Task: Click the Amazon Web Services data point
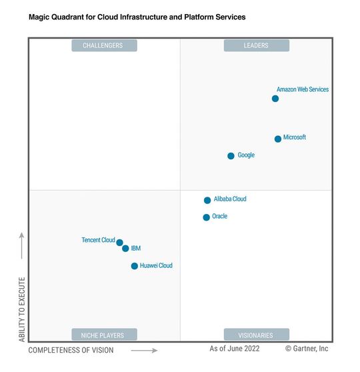275,99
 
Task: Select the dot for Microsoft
278,139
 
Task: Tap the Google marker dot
231,156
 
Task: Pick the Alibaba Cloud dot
207,200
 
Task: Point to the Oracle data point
207,217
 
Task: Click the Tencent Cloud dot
120,243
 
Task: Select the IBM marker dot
125,249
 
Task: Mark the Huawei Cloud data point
135,266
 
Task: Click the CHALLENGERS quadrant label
104,45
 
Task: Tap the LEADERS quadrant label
256,45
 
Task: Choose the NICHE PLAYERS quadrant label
104,335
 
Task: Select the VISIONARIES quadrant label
256,335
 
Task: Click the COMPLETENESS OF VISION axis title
71,350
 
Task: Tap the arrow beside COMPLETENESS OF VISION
144,350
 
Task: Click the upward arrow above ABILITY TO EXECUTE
21,245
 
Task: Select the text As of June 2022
235,349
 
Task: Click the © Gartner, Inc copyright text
307,349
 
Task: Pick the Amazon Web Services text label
303,89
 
